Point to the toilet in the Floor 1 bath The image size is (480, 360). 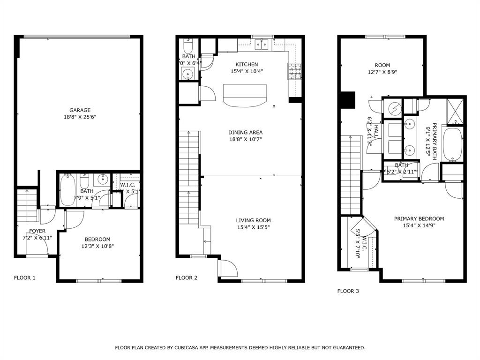click(x=84, y=181)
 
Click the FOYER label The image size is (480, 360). click(x=37, y=231)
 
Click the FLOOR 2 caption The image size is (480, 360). click(x=187, y=278)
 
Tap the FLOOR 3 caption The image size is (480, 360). click(x=348, y=291)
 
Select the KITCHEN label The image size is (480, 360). click(x=247, y=64)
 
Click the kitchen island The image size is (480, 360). click(x=245, y=95)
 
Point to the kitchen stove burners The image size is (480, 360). click(x=294, y=71)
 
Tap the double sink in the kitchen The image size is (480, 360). click(x=261, y=45)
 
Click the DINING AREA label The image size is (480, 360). click(x=245, y=133)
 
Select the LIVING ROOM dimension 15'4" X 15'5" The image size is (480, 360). click(x=253, y=227)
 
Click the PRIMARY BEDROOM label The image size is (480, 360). click(x=419, y=219)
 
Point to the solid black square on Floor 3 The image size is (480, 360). click(x=347, y=99)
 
